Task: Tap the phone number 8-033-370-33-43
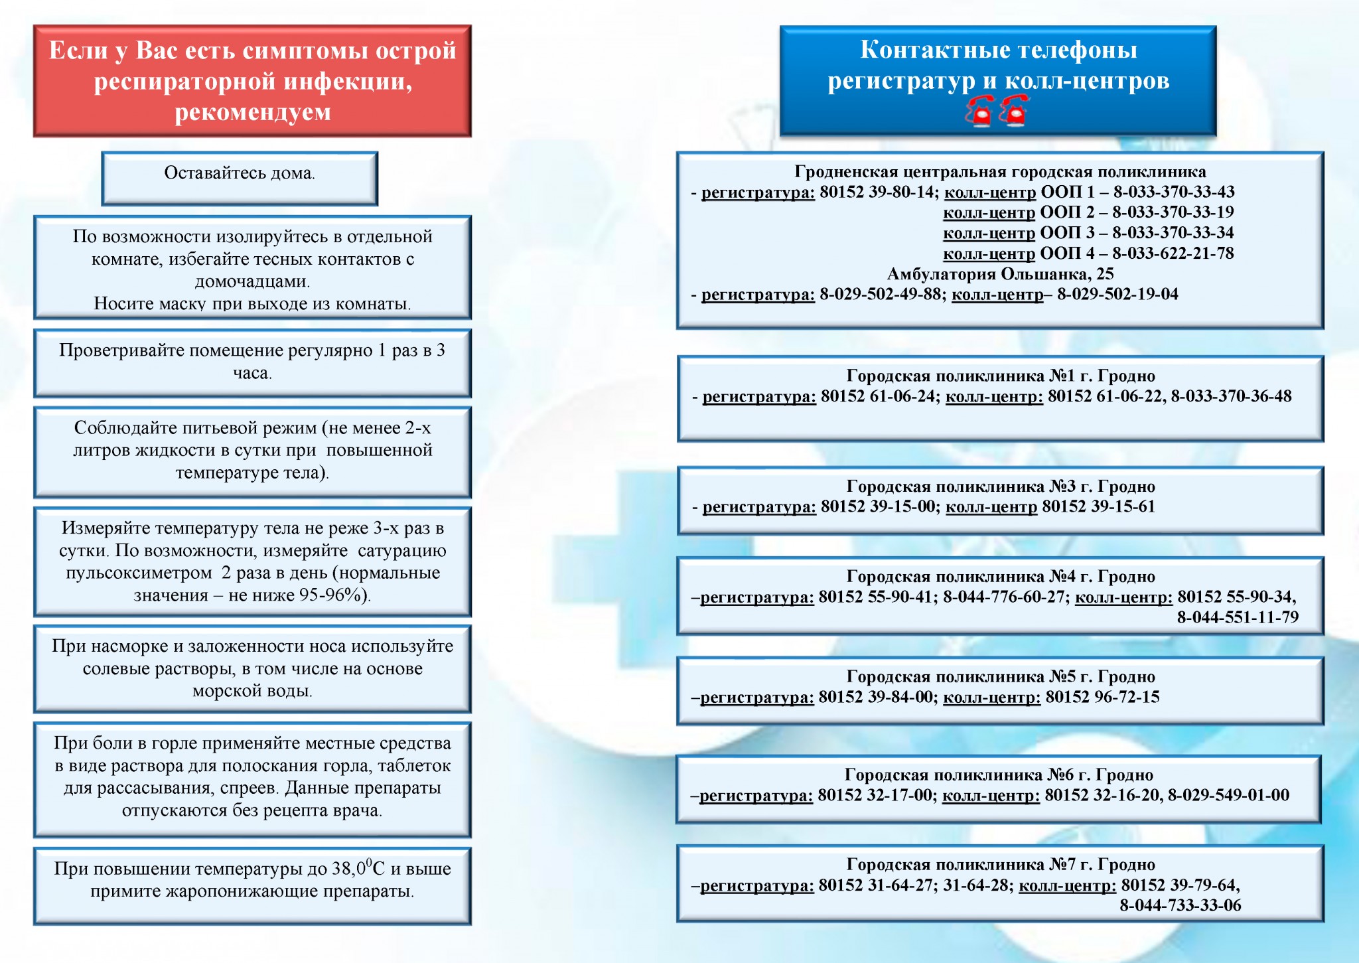tap(1173, 192)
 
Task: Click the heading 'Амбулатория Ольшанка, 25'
tap(1000, 274)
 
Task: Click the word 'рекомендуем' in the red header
tap(253, 112)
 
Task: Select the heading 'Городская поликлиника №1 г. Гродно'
tap(1000, 376)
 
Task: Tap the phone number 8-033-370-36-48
tap(1231, 397)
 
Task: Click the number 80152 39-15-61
tap(1098, 507)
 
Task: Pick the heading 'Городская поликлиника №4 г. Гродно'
tap(1000, 577)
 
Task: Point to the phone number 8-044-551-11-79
tap(1238, 618)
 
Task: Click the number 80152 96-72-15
tap(1102, 698)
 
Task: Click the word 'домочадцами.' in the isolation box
tap(253, 281)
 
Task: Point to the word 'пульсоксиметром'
tap(139, 573)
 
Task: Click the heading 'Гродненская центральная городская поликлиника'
tap(1000, 173)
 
